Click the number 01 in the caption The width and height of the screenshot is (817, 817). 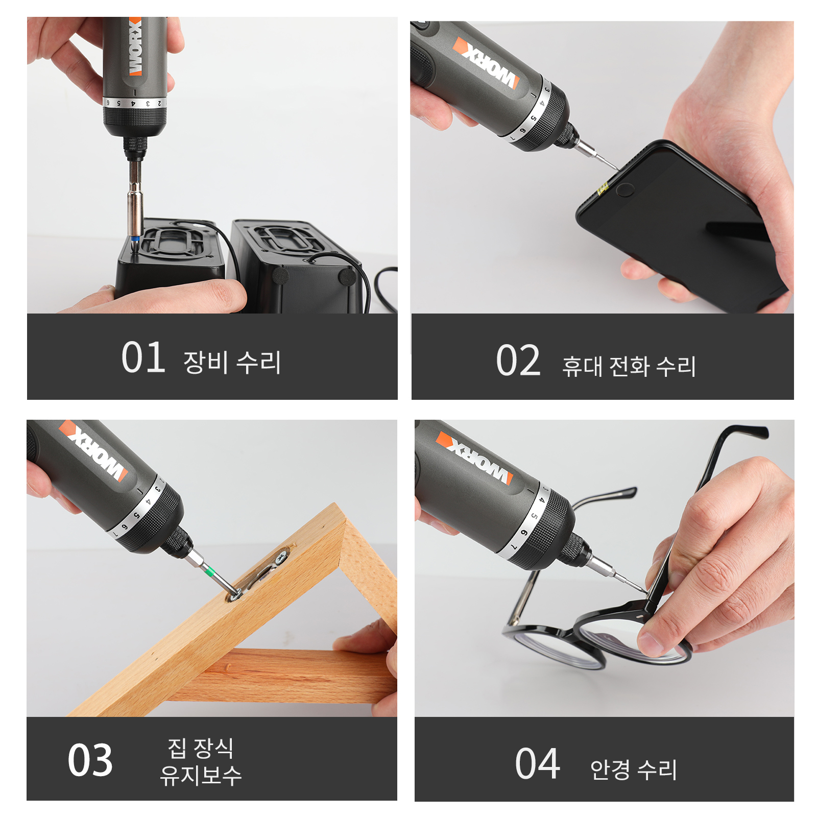pos(143,357)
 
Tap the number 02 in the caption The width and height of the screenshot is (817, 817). pos(518,361)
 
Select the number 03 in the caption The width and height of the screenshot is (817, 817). pos(90,760)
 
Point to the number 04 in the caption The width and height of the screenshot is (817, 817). pos(537,764)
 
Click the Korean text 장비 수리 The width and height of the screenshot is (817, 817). pos(232,362)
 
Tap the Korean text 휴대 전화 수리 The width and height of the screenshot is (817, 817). pos(629,366)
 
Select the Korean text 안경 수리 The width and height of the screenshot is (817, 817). pos(633,770)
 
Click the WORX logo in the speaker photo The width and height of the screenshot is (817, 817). pos(135,47)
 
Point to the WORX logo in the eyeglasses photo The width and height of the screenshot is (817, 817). pos(474,458)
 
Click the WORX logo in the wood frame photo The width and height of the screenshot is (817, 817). pos(94,450)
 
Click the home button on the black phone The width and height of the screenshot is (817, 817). pos(624,190)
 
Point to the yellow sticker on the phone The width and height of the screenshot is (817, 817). pos(603,188)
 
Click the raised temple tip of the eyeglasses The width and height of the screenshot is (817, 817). pos(756,431)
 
